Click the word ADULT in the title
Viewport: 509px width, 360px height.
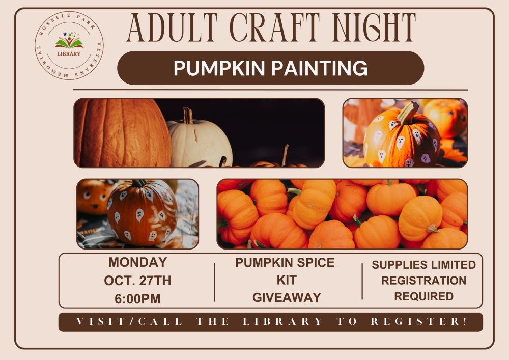[x=172, y=27]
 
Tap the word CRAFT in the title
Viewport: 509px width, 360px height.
[x=275, y=27]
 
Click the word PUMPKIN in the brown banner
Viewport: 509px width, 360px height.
[x=219, y=68]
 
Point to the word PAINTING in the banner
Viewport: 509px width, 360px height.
[x=320, y=68]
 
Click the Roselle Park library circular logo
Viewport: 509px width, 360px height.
[x=69, y=45]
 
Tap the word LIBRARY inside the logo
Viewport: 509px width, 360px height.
[x=69, y=54]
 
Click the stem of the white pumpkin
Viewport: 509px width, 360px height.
[x=188, y=115]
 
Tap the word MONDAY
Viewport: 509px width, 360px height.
[x=137, y=262]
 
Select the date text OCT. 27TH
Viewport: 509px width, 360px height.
[x=137, y=281]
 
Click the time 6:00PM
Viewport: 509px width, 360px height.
[x=137, y=299]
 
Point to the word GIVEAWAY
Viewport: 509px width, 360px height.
[x=287, y=297]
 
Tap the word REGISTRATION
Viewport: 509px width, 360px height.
[x=423, y=281]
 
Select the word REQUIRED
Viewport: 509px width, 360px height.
[x=423, y=296]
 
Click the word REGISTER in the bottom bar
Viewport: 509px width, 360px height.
[x=418, y=321]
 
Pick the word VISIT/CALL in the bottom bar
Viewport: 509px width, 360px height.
[x=129, y=321]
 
